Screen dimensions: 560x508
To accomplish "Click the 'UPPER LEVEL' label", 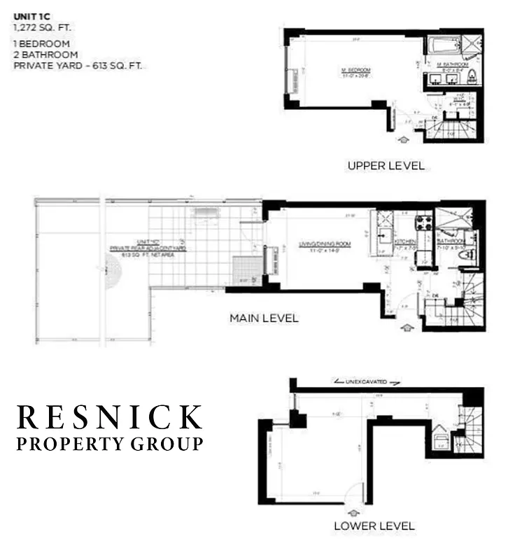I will click(386, 166).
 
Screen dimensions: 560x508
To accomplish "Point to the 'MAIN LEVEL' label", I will click(264, 318).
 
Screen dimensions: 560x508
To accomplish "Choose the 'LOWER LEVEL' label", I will click(374, 526).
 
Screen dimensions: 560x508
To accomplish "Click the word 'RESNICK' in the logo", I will click(110, 417).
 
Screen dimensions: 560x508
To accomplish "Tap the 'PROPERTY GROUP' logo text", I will click(110, 444).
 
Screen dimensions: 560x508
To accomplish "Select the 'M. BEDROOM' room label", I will click(356, 71).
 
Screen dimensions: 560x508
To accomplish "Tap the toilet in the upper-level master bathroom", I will click(471, 76).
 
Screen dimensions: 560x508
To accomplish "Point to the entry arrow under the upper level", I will click(403, 141).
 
